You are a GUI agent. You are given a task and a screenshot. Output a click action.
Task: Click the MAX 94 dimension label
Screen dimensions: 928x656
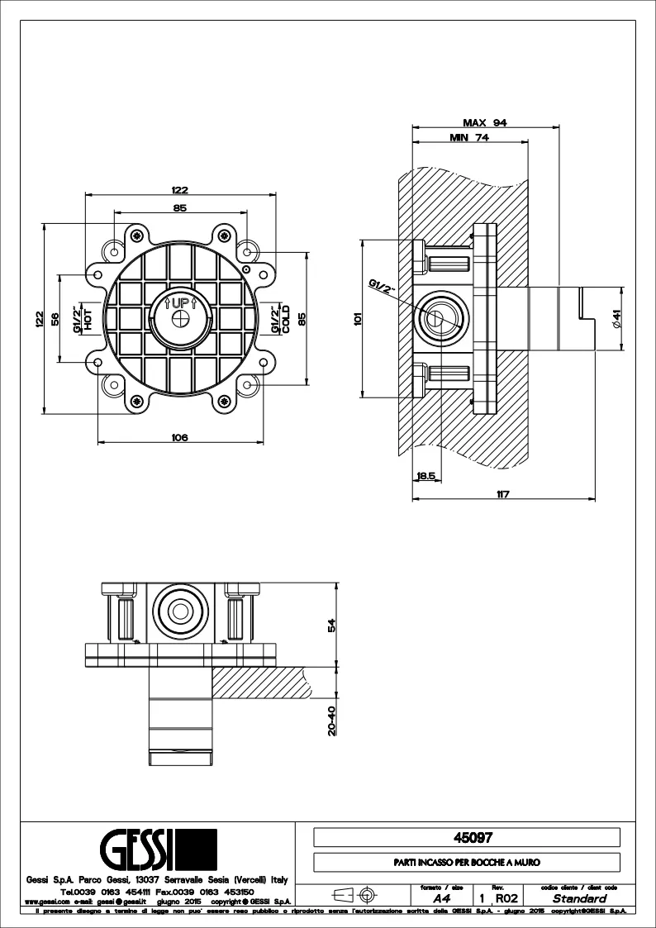pos(484,121)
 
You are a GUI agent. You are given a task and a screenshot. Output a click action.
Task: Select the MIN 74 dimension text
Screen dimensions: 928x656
pos(469,138)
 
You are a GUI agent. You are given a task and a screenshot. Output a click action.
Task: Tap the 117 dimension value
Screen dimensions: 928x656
pos(502,494)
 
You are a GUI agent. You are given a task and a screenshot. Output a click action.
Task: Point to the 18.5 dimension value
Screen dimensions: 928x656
pos(426,475)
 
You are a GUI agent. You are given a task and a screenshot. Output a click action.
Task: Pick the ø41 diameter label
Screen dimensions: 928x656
pos(616,318)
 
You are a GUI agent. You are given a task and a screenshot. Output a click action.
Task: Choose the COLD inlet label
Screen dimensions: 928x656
pos(286,318)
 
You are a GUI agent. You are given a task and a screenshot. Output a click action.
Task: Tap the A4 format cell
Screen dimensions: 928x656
pos(440,897)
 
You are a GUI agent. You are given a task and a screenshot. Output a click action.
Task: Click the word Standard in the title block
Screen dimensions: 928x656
pos(579,897)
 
